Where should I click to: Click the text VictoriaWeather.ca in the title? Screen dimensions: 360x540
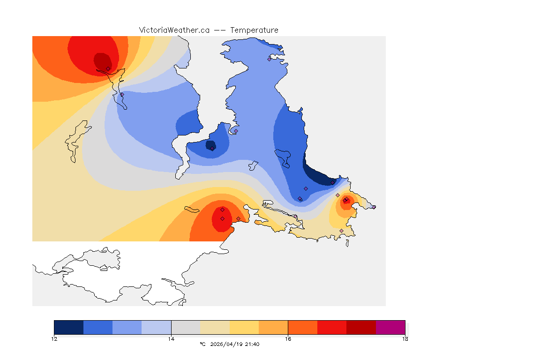(174, 30)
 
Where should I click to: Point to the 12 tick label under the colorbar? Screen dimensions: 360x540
(54, 339)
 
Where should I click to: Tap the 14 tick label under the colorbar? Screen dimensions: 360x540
(171, 339)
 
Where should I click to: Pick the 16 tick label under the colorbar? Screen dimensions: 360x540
(288, 339)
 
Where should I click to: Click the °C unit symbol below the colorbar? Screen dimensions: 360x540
(202, 344)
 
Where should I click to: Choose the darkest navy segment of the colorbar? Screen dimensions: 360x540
(69, 327)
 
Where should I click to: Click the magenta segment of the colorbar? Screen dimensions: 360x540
(390, 327)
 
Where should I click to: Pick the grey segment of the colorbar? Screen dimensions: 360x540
(186, 327)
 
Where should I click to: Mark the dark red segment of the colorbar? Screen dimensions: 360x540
(361, 327)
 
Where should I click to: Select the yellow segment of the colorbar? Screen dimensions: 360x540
(244, 327)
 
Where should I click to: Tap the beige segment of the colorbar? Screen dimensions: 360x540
(215, 327)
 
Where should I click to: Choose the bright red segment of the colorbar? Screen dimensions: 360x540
(332, 327)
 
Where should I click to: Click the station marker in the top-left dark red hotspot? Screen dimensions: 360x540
(108, 68)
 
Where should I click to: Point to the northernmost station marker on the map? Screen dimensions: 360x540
(270, 59)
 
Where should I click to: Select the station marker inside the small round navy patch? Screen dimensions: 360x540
(212, 149)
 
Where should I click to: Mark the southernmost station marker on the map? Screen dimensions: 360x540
(341, 231)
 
